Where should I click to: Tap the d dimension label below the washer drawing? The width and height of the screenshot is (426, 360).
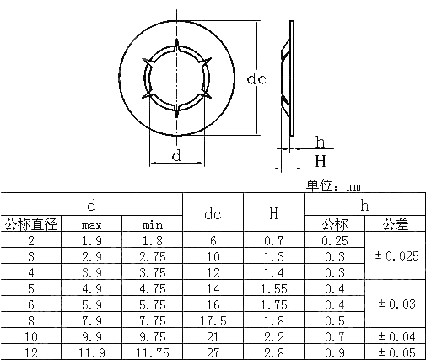[175, 156]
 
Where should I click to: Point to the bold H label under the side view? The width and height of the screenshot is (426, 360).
[321, 161]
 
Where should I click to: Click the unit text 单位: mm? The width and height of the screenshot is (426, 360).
[333, 185]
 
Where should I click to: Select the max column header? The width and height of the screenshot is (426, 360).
[92, 225]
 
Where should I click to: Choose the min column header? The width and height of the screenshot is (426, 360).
[152, 225]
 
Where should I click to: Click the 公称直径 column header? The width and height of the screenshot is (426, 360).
[31, 224]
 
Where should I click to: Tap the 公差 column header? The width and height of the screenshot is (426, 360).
[395, 224]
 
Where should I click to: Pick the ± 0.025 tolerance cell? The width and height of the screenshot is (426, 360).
[395, 256]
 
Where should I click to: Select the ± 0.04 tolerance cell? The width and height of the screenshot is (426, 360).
[395, 336]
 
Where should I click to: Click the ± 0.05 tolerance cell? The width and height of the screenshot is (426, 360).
[395, 352]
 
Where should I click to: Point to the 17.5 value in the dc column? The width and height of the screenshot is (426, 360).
[213, 320]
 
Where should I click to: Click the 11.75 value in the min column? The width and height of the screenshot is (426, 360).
[152, 352]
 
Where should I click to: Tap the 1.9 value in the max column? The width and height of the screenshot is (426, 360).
[92, 240]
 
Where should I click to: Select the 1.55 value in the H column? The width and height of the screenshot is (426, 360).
[273, 288]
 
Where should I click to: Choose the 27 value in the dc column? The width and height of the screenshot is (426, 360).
[213, 352]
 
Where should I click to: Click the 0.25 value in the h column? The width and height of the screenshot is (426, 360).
[335, 240]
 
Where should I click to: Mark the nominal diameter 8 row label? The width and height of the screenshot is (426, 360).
[31, 320]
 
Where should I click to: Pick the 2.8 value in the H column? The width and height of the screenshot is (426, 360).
[273, 352]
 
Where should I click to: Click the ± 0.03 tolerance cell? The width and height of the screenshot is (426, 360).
[395, 304]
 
